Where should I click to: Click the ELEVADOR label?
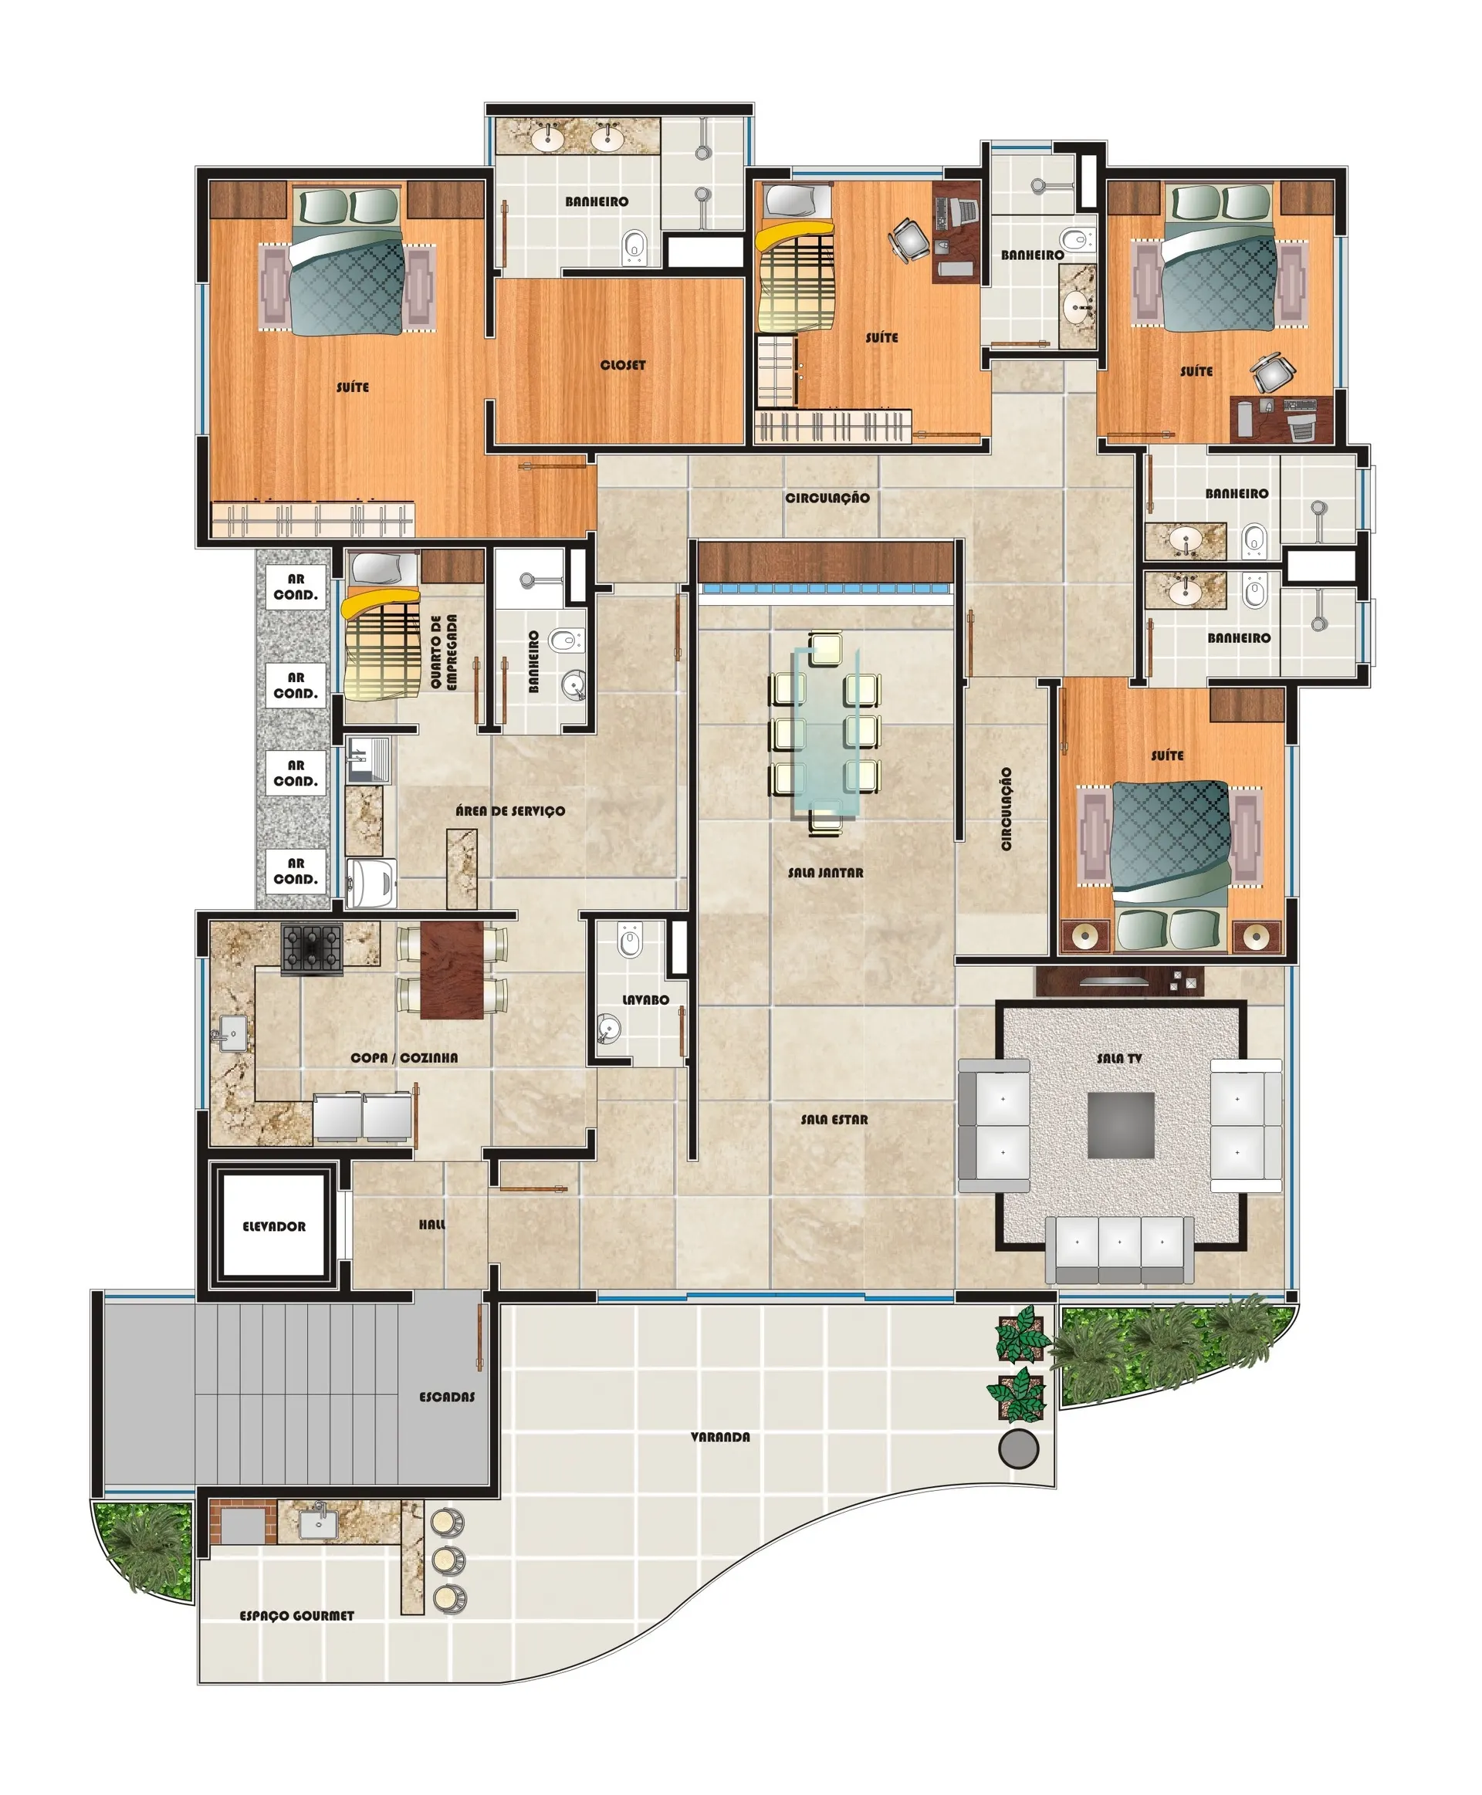273,1226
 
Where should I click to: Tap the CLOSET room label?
622,364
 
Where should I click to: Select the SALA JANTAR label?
824,872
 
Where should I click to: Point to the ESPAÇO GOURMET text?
296,1616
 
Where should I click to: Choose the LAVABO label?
645,999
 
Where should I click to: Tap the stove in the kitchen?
312,949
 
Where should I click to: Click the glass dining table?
824,732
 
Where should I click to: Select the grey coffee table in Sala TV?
1121,1125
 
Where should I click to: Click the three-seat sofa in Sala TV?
1119,1249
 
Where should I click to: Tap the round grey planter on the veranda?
1018,1449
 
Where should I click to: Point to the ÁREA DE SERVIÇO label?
509,810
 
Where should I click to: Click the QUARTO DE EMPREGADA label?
443,651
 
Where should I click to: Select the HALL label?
432,1224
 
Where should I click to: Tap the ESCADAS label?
446,1396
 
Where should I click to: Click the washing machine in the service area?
371,883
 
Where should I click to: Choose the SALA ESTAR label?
834,1119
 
